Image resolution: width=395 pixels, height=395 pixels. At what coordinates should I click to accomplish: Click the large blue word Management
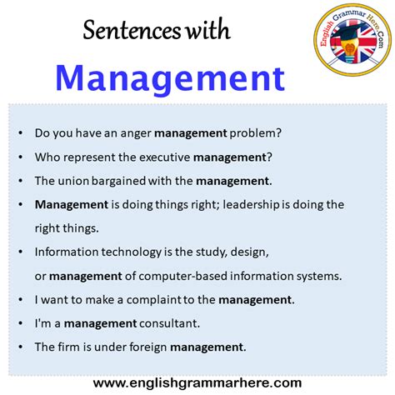170,79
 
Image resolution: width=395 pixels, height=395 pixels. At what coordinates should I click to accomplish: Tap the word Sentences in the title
132,30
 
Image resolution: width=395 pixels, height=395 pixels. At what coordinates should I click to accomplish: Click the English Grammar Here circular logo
352,40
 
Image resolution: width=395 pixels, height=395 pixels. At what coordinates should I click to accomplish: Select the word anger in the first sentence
136,133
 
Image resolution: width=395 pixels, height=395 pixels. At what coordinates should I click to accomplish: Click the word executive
164,157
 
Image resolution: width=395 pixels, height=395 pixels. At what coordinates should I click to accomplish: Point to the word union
73,181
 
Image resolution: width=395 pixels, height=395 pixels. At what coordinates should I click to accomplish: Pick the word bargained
118,181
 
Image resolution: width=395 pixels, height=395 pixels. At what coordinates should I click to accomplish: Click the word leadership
251,205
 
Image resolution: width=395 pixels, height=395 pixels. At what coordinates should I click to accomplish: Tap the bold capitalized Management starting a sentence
72,205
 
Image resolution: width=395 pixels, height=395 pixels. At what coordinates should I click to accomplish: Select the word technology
131,252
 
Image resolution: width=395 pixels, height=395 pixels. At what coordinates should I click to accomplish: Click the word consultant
169,323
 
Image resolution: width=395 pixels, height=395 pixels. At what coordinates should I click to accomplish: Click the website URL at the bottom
197,383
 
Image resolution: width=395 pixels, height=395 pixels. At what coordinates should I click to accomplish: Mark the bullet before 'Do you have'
21,133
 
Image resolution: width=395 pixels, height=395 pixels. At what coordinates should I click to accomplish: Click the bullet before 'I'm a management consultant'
21,323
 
